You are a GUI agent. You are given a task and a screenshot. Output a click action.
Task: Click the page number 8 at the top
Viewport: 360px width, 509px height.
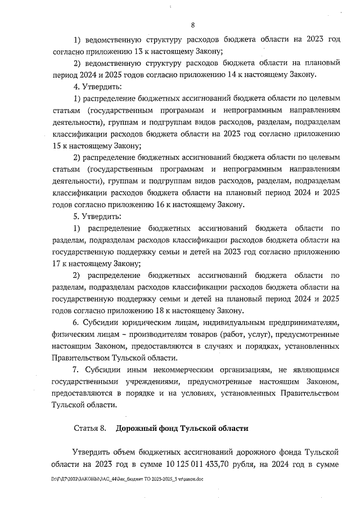192,25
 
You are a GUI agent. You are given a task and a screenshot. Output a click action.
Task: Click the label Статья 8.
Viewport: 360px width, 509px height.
90,429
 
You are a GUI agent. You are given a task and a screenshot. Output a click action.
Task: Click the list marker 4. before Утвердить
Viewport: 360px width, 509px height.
77,87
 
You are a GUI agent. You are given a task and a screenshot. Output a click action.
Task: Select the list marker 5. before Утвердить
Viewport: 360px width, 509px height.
77,216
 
